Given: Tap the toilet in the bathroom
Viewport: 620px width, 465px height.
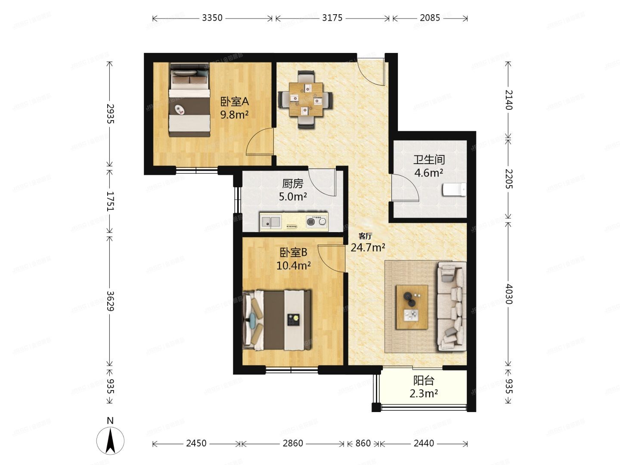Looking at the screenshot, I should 455,189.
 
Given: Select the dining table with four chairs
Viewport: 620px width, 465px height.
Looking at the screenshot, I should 305,99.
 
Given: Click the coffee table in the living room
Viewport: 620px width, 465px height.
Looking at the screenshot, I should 412,307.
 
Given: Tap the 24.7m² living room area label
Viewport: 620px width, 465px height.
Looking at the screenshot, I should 368,248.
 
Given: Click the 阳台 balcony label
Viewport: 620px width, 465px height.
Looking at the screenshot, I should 424,381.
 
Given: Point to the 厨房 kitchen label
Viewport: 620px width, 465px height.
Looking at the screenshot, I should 293,184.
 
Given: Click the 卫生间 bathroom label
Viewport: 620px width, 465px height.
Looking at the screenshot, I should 429,160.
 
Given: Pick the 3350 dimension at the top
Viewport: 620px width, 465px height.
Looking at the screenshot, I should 212,18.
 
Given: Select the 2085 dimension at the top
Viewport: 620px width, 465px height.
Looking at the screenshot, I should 430,18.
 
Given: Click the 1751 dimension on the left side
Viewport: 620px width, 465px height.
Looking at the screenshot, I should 110,201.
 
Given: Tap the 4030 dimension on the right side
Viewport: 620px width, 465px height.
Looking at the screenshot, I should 508,294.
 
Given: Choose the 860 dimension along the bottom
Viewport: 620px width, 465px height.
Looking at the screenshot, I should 363,443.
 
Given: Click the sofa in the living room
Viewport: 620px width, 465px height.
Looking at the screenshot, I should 452,307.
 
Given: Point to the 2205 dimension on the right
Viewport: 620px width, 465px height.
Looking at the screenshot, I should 508,179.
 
